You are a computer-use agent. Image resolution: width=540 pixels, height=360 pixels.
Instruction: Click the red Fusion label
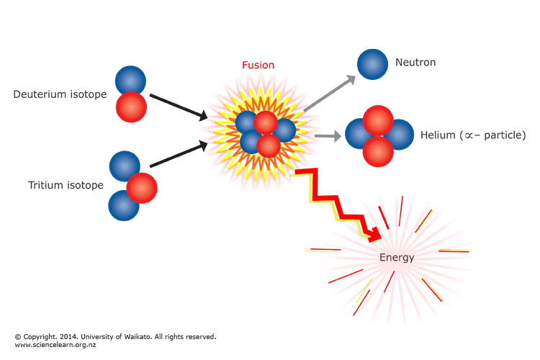point(258,65)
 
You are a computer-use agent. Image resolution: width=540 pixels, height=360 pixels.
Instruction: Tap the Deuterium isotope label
point(60,94)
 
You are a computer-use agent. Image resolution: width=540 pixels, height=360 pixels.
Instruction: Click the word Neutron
point(415,63)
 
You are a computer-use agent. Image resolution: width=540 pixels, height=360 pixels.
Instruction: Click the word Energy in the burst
point(397,257)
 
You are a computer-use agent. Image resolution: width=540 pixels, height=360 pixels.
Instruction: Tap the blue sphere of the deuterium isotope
point(131,80)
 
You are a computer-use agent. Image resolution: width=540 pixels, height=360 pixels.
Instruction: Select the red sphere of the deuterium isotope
point(132,107)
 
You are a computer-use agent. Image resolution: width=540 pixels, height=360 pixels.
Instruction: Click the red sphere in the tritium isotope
point(142,188)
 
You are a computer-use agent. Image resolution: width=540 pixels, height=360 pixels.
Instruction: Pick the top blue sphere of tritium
point(125,166)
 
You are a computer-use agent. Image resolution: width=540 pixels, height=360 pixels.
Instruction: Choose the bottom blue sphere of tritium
point(124,205)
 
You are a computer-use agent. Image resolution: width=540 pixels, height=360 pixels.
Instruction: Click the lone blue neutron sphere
point(372,63)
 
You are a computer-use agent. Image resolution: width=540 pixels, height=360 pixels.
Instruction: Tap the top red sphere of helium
point(378,120)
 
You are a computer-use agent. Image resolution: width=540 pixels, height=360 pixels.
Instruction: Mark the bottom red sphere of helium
point(378,151)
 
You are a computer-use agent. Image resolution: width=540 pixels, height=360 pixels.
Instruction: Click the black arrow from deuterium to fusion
point(178,105)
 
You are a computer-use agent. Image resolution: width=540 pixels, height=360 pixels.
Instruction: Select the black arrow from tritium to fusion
point(178,156)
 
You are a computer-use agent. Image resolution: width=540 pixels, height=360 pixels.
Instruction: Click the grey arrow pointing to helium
point(328,135)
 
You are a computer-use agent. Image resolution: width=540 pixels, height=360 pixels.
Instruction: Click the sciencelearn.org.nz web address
point(55,345)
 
